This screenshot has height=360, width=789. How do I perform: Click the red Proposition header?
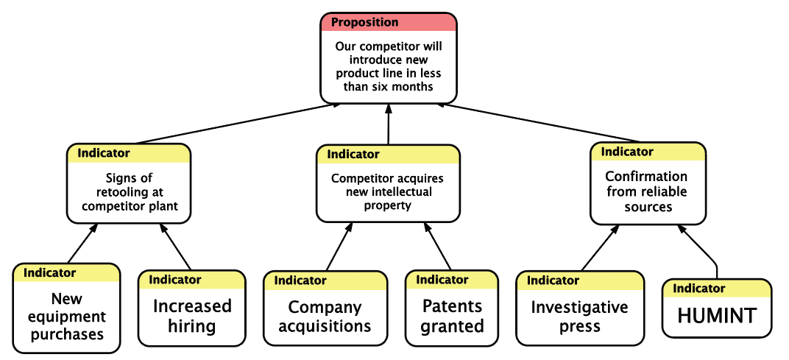389,23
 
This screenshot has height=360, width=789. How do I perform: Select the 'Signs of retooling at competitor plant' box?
129,183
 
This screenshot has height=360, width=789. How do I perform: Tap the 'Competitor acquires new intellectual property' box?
388,183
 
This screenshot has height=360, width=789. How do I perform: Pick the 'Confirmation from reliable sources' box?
648,183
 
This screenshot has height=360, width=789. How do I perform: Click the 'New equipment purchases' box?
66,308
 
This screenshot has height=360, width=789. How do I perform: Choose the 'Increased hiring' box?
191,308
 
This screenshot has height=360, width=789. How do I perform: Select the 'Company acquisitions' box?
325,308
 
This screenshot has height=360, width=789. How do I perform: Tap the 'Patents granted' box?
452,308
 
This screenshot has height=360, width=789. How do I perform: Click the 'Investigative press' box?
580,308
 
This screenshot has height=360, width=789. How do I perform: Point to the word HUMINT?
717,316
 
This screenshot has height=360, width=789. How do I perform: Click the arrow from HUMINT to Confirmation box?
699,250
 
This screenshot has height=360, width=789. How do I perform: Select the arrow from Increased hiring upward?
176,247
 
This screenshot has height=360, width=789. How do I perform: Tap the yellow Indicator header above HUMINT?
717,289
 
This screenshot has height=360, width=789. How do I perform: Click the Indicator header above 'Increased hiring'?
191,280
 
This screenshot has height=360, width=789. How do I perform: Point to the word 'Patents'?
452,306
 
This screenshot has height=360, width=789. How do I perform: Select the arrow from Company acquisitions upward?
339,246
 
